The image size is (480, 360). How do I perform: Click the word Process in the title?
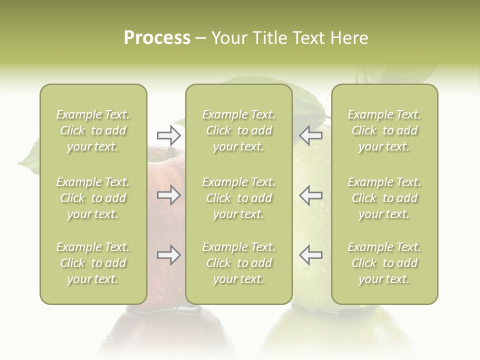157,38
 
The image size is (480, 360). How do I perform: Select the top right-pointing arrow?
169,135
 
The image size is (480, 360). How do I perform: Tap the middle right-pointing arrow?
169,195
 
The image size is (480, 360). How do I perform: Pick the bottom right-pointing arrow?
169,255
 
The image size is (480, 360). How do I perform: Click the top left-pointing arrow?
310,135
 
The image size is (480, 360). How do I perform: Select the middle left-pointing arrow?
310,195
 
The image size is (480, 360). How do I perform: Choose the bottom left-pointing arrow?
310,255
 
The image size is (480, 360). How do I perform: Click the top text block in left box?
93,130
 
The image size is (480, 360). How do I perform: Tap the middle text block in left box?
93,198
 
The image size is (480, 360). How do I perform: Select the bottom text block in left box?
93,263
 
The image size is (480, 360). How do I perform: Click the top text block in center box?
238,130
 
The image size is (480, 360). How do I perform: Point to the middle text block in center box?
238,198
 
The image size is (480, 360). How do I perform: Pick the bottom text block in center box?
238,263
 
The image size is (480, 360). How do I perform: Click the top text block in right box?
384,130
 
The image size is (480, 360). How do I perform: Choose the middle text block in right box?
384,198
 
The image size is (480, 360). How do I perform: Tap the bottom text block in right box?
384,263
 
